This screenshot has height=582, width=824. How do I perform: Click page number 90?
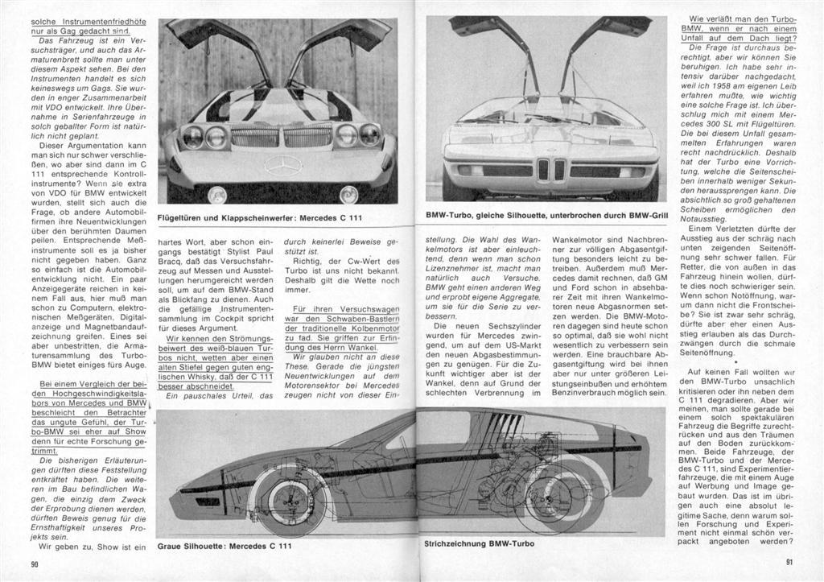click(x=35, y=563)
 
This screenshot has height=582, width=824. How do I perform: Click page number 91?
click(x=789, y=563)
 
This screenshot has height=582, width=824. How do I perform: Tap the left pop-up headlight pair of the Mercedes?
click(x=204, y=138)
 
